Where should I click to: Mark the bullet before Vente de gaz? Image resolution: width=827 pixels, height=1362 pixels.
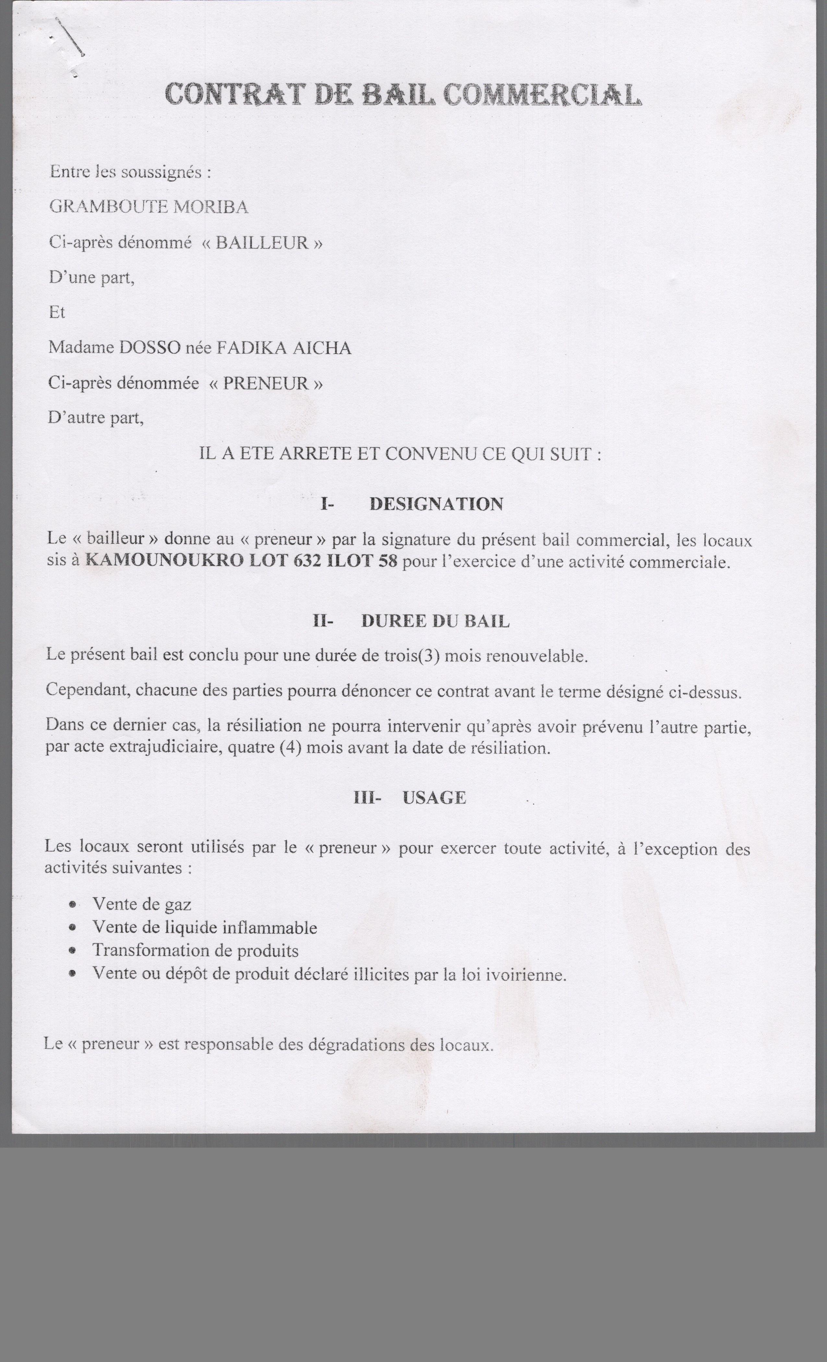pos(72,905)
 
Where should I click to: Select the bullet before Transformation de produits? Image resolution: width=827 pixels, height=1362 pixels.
pos(72,951)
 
